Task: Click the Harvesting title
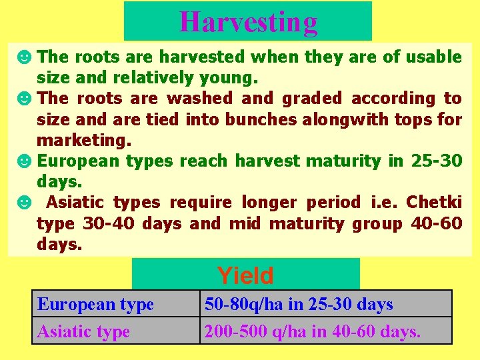click(248, 22)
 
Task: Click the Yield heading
click(245, 275)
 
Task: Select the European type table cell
click(96, 304)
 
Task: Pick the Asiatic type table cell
click(84, 331)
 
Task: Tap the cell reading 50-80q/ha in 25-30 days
click(299, 304)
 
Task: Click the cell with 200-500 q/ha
click(313, 331)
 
